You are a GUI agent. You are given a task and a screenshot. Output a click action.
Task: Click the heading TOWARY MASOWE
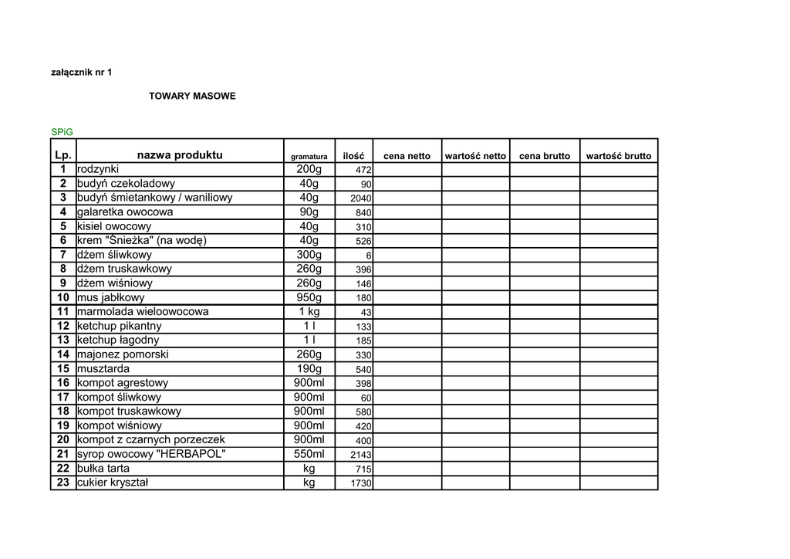(x=192, y=97)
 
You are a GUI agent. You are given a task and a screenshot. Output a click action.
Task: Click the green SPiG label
(x=62, y=132)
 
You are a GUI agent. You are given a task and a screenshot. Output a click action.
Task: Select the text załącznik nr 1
(x=81, y=73)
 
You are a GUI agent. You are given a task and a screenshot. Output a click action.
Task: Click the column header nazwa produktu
(x=180, y=155)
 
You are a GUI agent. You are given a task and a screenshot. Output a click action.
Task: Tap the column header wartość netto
(x=475, y=156)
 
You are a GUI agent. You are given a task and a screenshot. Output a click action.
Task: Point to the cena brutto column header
(x=545, y=156)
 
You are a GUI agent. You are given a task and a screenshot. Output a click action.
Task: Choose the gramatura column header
(x=309, y=157)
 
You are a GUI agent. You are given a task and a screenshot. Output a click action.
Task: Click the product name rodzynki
(x=98, y=169)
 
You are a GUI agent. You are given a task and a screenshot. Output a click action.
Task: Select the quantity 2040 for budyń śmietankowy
(x=361, y=198)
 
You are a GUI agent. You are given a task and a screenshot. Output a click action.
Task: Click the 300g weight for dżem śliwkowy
(x=309, y=255)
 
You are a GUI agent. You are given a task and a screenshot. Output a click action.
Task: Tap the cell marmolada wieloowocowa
(x=143, y=312)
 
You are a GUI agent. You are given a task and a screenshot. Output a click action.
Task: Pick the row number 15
(x=63, y=368)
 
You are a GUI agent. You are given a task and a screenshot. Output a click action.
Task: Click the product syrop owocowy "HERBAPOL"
(x=151, y=454)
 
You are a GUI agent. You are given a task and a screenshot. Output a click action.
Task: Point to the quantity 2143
(x=361, y=455)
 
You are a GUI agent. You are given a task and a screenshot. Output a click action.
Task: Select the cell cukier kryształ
(x=113, y=483)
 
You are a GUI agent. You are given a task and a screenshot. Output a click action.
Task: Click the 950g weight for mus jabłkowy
(x=309, y=297)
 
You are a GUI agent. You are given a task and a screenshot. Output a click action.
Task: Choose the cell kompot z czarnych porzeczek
(x=151, y=439)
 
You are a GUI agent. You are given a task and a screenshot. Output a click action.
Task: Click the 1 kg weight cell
(x=309, y=312)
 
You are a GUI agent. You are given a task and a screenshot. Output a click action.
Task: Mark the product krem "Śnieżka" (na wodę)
(x=142, y=240)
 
